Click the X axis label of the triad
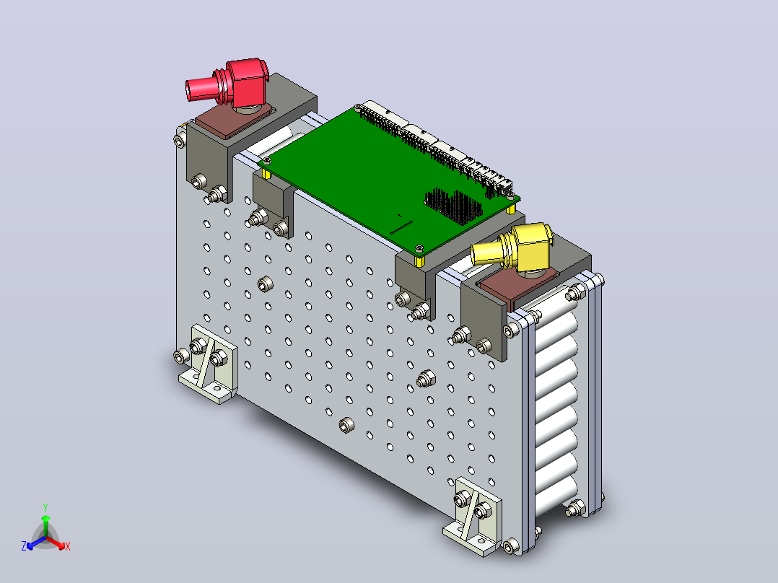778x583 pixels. pos(68,546)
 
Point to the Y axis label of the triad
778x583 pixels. pos(45,507)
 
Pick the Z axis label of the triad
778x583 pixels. pos(23,545)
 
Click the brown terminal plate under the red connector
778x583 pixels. pos(233,120)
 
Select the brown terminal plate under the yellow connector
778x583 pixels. pos(516,285)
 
